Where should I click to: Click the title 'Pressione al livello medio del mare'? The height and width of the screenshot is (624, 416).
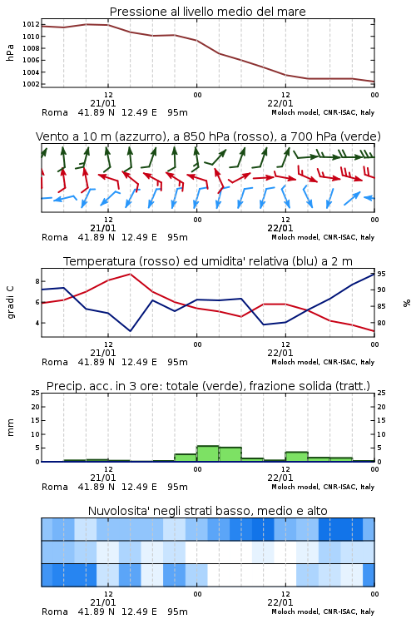pos(207,12)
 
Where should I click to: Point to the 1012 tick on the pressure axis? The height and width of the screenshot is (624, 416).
pos(31,24)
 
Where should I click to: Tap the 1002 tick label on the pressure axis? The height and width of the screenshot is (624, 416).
pos(31,84)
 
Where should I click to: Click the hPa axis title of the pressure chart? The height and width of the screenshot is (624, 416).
pos(10,52)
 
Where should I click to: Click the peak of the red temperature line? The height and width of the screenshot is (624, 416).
pos(130,274)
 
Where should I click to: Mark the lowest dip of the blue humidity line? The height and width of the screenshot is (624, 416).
pos(130,330)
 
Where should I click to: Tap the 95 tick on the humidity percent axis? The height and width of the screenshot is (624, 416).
pos(381,274)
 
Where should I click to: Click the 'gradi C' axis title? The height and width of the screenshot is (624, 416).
pos(11,302)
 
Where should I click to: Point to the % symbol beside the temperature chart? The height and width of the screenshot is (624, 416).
pos(407,303)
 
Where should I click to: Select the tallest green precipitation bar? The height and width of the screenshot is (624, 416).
pos(208,453)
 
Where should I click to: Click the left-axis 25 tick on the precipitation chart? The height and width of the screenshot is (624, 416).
pos(36,393)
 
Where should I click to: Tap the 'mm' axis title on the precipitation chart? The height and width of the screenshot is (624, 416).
pos(10,428)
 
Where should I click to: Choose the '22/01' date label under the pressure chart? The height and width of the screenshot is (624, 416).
pos(280,103)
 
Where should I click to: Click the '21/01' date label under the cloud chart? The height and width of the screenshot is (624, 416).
pos(103,602)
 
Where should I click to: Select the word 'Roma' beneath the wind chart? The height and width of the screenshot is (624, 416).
pos(55,237)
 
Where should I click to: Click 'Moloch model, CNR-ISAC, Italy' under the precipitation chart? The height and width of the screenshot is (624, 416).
pos(323,487)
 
